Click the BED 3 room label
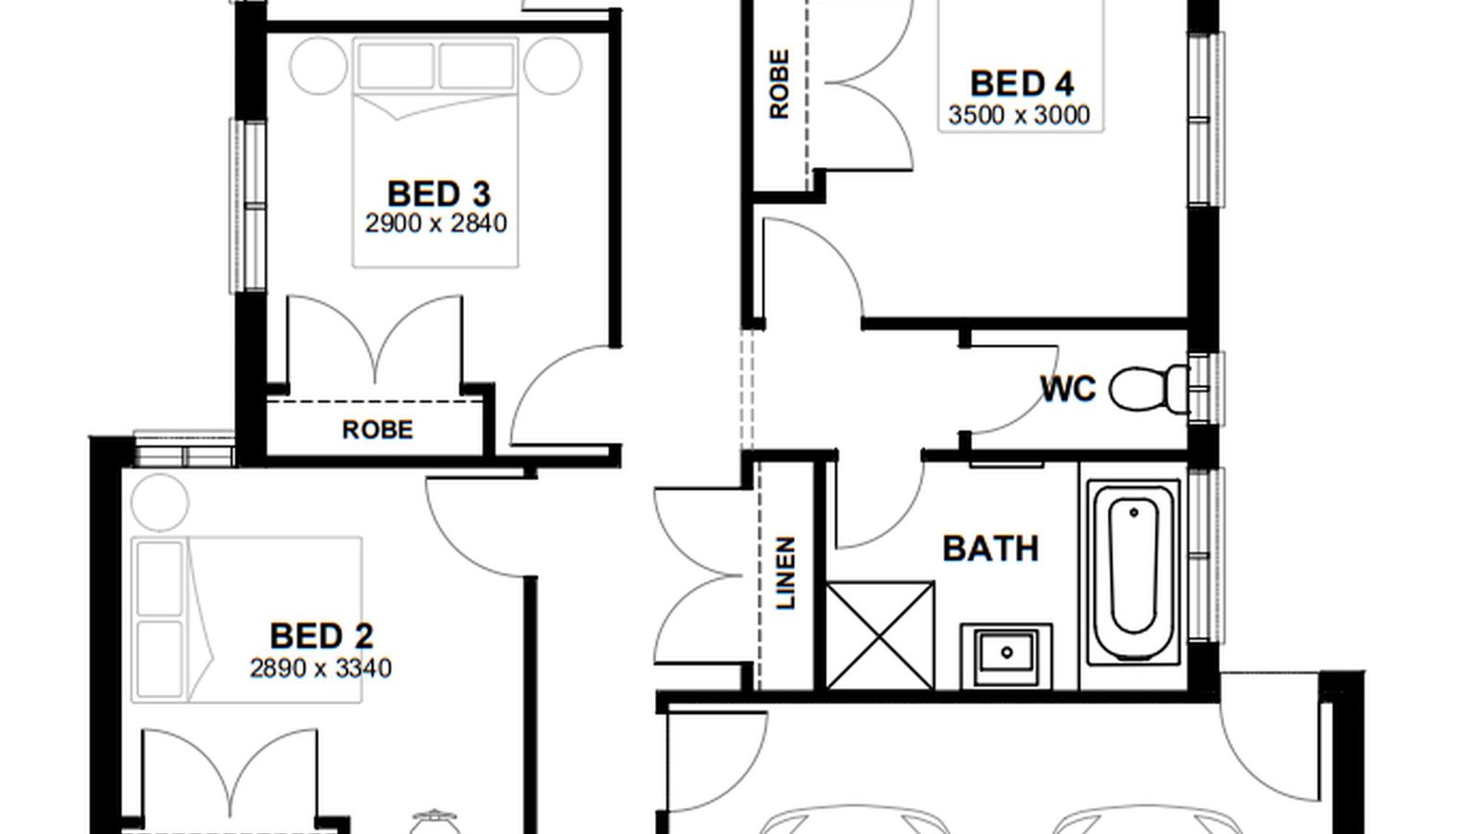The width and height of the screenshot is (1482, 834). (x=439, y=194)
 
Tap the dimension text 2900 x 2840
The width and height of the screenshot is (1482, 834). (x=436, y=223)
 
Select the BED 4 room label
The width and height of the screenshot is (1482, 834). (x=1022, y=84)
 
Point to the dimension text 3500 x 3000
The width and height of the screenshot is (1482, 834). (x=1019, y=115)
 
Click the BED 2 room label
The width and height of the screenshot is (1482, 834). (x=321, y=636)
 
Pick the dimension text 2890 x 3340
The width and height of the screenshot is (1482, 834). (x=320, y=668)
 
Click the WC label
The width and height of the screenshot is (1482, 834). (x=1068, y=389)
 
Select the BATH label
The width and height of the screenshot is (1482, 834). (x=990, y=549)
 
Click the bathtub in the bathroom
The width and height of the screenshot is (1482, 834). (x=1133, y=571)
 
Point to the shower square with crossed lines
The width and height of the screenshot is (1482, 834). (x=880, y=636)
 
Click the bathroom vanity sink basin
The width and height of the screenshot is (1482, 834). (x=1006, y=652)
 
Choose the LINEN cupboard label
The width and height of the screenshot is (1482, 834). (x=785, y=574)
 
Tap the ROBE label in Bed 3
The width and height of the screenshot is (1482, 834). (x=377, y=430)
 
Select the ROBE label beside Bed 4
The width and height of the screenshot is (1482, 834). (x=779, y=84)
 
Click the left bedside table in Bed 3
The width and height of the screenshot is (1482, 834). (x=319, y=66)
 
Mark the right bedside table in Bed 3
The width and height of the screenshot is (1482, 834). (x=553, y=66)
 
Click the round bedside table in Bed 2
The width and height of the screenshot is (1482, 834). (x=159, y=502)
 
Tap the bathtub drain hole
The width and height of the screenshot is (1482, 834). (x=1134, y=512)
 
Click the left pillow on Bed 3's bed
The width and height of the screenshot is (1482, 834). (x=396, y=66)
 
